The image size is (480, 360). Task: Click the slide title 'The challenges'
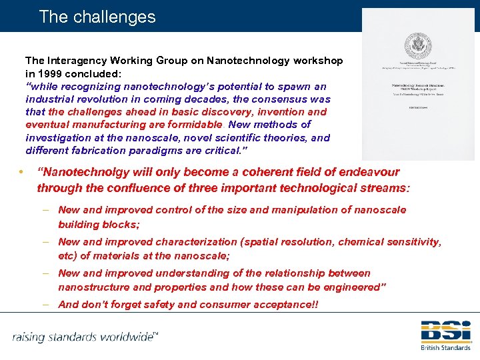coord(97,17)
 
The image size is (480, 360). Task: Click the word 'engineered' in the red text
coord(353,287)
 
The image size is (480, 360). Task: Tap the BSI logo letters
coord(445,331)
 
